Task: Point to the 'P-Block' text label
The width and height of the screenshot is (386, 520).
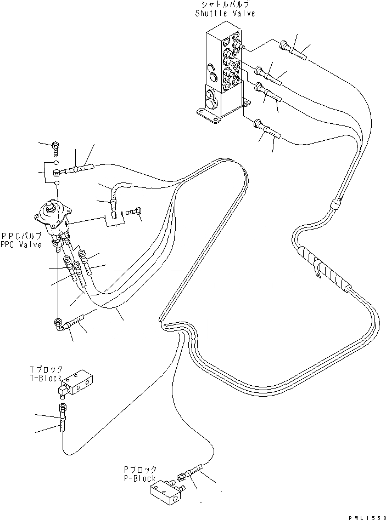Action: click(x=140, y=478)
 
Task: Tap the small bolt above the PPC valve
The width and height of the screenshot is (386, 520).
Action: click(x=55, y=146)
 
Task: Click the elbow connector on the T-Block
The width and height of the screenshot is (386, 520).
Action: click(x=61, y=391)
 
